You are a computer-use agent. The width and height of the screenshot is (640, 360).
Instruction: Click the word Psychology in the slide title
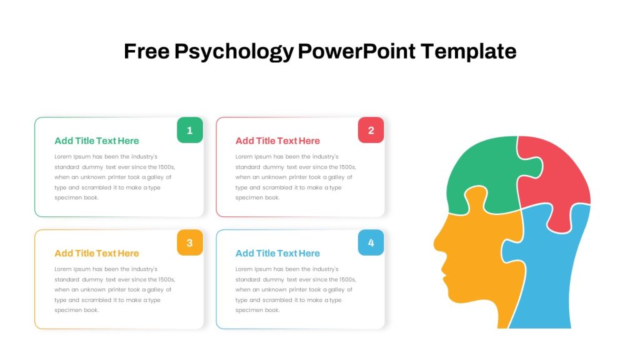tap(234, 52)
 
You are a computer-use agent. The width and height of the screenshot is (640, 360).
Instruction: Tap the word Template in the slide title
tap(469, 51)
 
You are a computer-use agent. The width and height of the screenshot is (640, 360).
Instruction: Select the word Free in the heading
tap(146, 51)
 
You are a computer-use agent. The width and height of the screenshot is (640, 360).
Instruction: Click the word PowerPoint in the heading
tap(357, 51)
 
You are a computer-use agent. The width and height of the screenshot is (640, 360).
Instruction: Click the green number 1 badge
tap(190, 130)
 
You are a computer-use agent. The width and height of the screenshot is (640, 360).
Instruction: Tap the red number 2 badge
tap(371, 130)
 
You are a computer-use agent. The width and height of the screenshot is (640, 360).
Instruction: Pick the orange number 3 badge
tap(190, 243)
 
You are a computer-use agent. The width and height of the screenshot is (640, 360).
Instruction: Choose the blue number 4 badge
tap(371, 243)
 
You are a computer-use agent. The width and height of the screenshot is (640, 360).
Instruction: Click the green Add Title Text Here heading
tap(97, 141)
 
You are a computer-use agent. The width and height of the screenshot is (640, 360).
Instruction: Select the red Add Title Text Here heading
tap(277, 141)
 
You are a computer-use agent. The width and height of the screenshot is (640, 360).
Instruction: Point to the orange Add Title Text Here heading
tap(97, 254)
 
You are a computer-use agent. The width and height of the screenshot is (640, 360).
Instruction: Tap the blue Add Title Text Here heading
tap(277, 254)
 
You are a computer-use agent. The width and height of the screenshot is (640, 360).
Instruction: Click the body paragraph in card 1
tap(115, 177)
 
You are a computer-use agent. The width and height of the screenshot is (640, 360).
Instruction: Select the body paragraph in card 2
tap(296, 177)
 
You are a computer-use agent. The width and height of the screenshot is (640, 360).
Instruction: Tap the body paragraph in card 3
tap(115, 290)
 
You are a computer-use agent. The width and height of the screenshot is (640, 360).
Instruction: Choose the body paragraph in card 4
tap(296, 290)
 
